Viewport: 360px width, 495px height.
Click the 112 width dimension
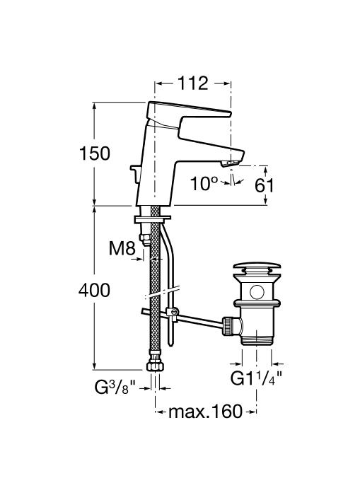(x=192, y=83)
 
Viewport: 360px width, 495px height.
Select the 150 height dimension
(x=95, y=153)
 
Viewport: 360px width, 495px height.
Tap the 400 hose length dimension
(x=95, y=290)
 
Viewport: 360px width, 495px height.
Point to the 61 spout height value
(x=265, y=185)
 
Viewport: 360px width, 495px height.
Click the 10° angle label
(x=204, y=183)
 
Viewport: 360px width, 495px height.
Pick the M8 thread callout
(x=122, y=248)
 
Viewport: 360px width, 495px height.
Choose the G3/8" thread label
(x=115, y=388)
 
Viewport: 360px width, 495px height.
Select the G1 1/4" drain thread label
(x=256, y=378)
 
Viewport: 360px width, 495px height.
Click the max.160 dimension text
(x=206, y=412)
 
